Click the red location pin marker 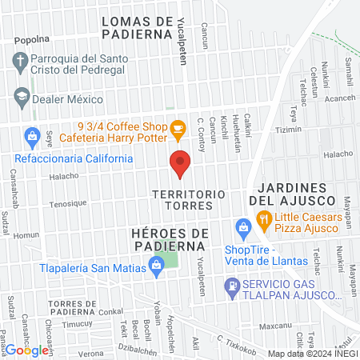[180, 165]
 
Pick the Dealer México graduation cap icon [22, 99]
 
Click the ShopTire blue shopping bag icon [242, 228]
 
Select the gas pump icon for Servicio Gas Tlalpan [231, 285]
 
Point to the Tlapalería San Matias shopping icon [157, 270]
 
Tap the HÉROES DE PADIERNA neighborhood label [170, 238]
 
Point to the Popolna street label [32, 38]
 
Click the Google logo [26, 350]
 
